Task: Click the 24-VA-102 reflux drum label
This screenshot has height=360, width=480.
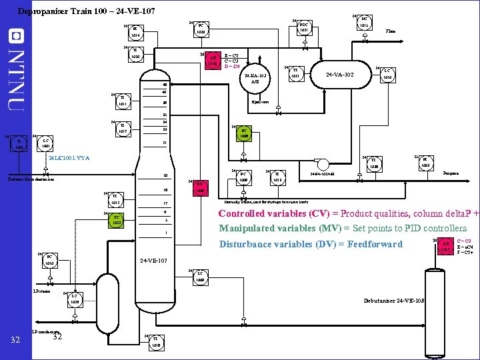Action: (x=345, y=74)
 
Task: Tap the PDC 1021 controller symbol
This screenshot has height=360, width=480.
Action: (x=303, y=28)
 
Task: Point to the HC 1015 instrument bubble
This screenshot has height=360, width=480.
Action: (x=363, y=23)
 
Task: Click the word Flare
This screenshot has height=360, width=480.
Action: (x=390, y=31)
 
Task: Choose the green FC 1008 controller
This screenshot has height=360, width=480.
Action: (x=245, y=133)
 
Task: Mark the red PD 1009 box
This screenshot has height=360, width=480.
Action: (x=199, y=188)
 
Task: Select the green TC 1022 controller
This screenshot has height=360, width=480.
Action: (x=117, y=220)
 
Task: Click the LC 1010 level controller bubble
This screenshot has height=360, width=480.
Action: (x=387, y=75)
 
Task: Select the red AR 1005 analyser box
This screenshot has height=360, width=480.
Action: (x=446, y=246)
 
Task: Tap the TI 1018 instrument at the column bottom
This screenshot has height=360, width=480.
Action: (x=155, y=341)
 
